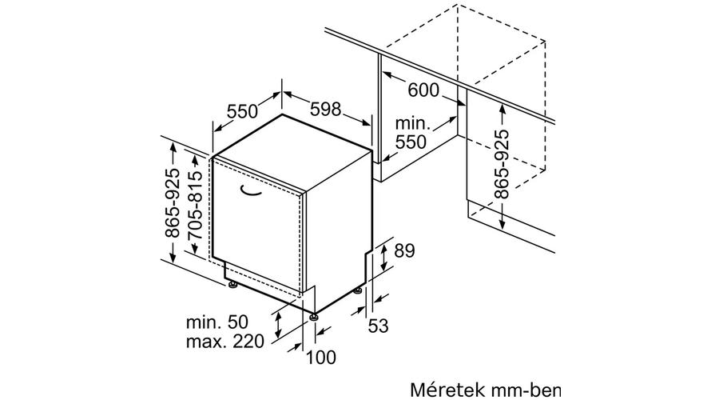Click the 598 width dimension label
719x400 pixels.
(326, 110)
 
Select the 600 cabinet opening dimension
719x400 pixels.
(423, 90)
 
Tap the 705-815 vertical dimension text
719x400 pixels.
(196, 204)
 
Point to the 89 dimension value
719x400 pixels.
(404, 250)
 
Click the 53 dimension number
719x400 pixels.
(379, 326)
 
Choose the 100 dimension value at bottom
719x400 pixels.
(320, 358)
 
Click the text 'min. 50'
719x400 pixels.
(216, 322)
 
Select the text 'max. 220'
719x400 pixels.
(225, 342)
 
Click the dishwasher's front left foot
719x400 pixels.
(233, 285)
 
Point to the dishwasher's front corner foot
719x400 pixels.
(314, 317)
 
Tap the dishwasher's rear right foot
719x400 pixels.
(357, 290)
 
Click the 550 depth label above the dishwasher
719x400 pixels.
(243, 110)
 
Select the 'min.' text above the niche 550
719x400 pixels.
(413, 123)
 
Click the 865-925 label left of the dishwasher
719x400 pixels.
(173, 203)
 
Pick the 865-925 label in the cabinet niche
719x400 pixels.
(503, 165)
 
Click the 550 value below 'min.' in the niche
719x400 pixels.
(411, 142)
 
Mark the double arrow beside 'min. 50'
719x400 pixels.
(278, 324)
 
